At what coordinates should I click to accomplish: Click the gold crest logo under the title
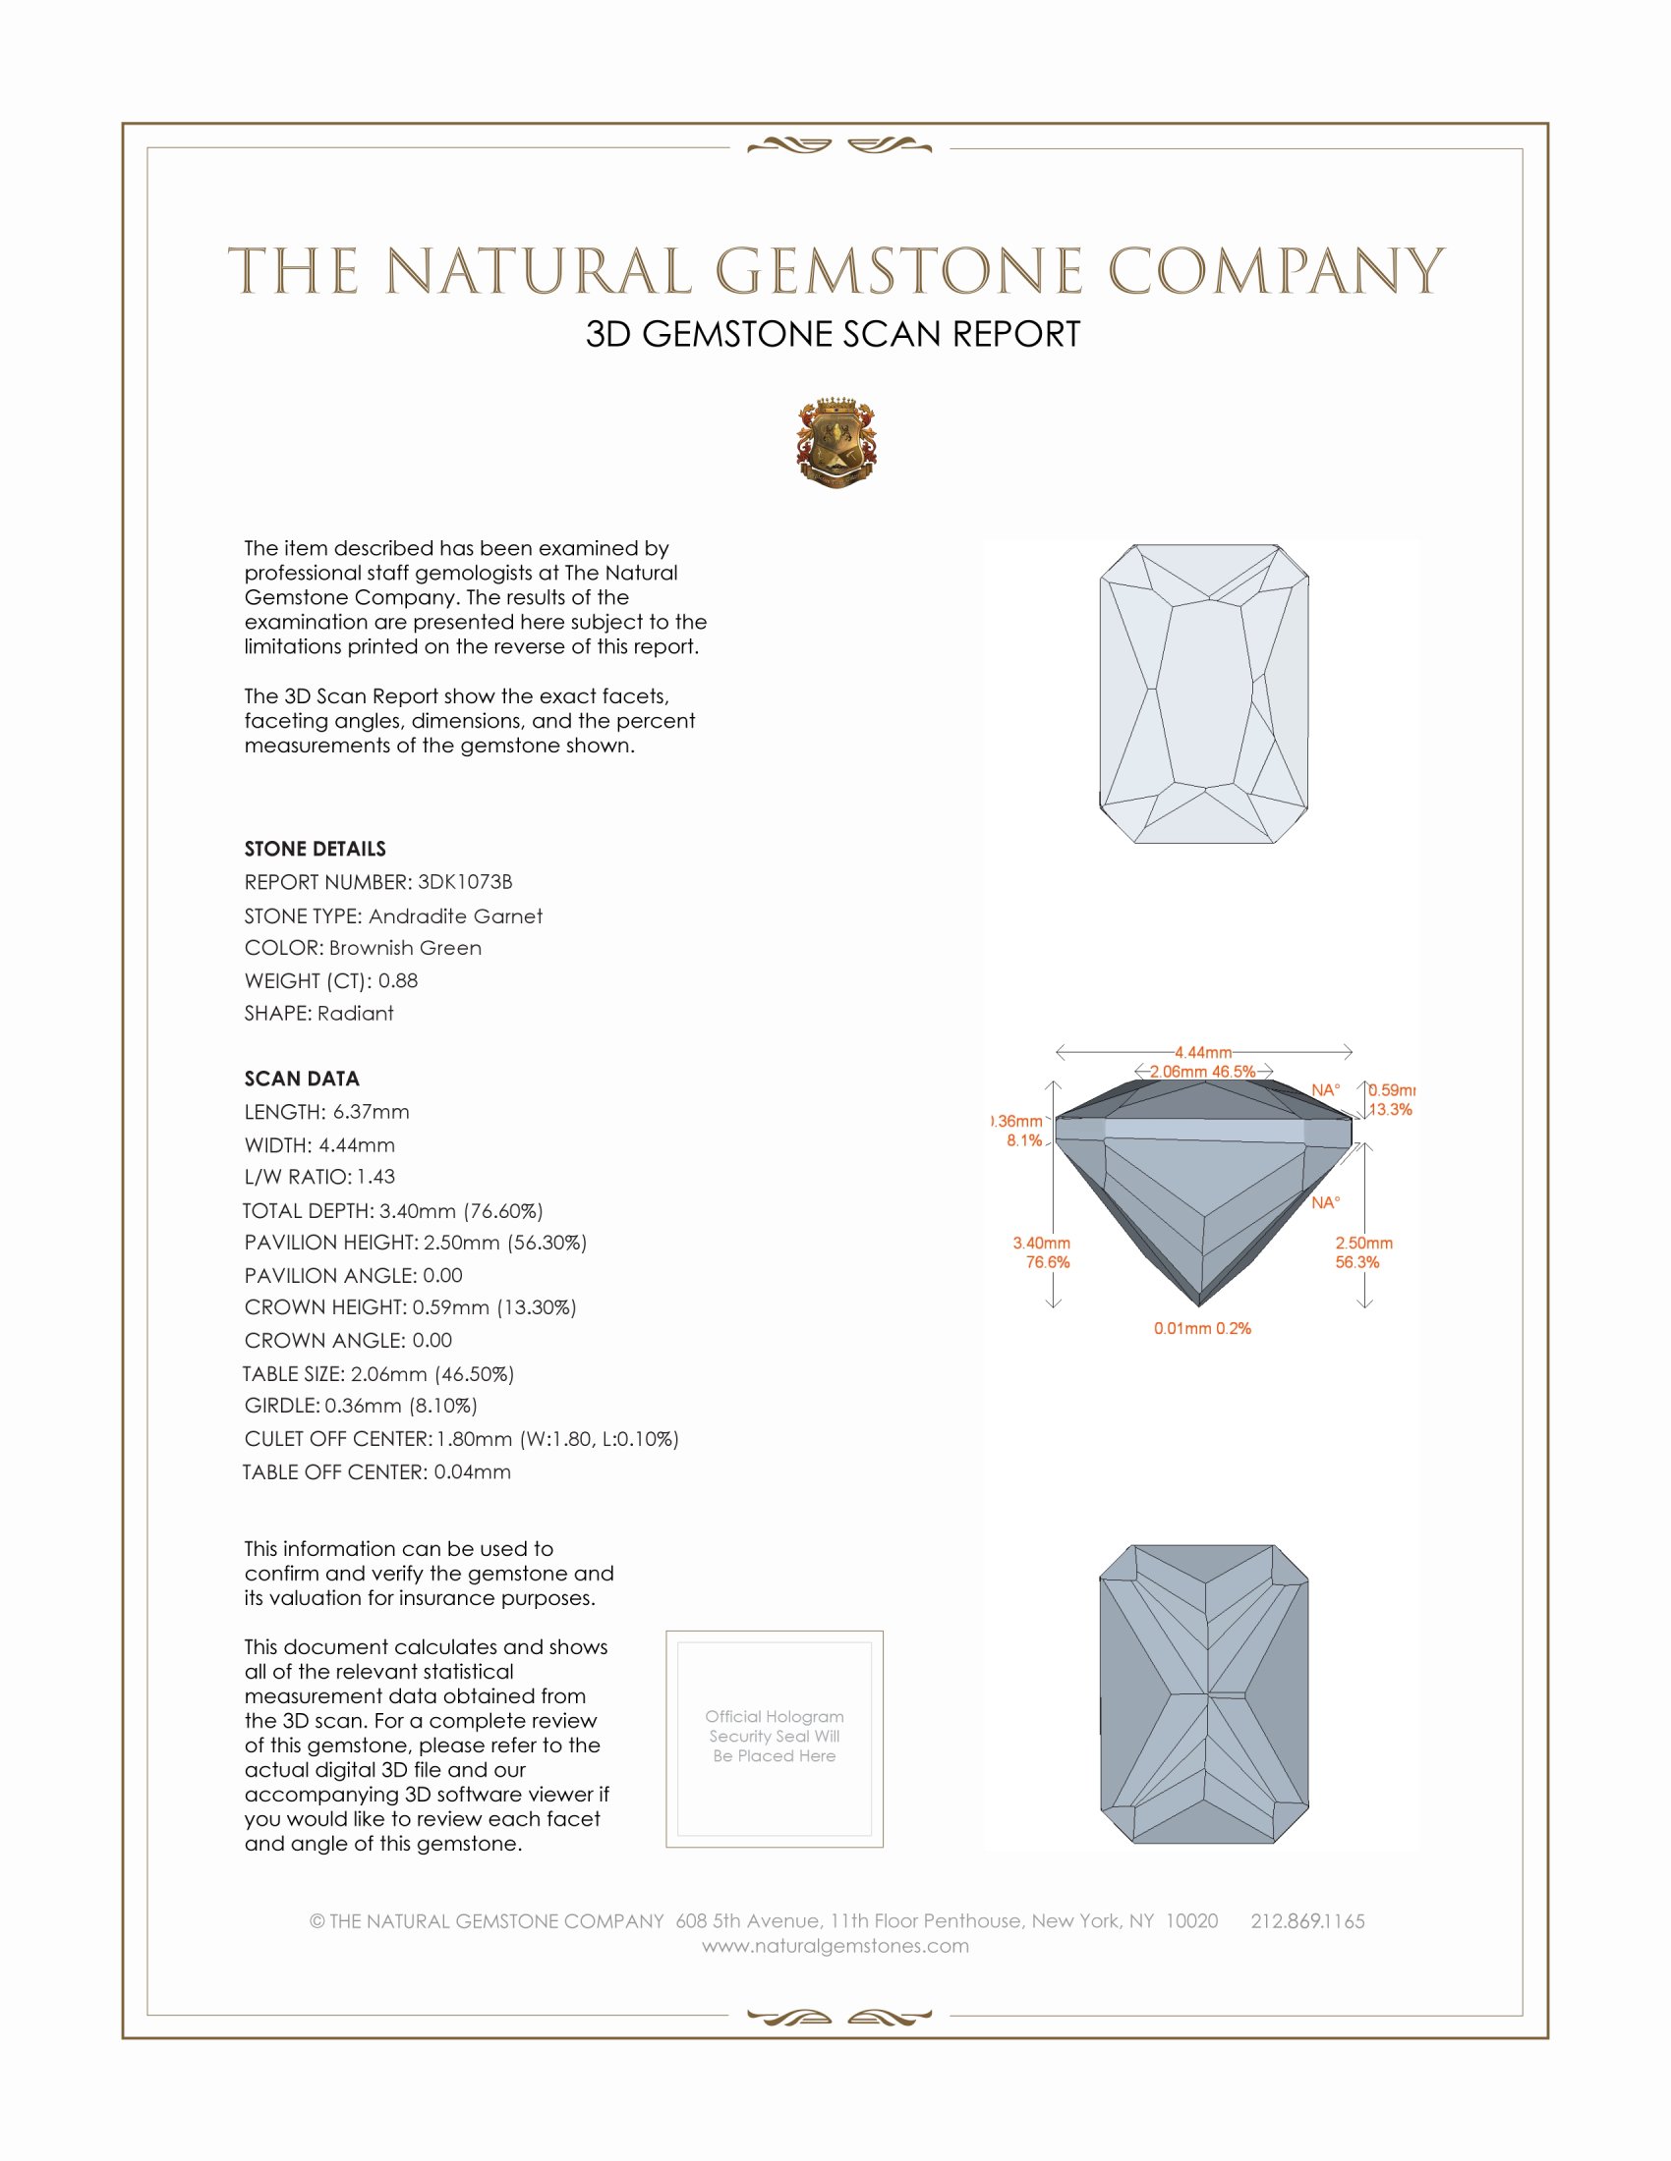click(x=836, y=443)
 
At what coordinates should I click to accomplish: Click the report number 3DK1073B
click(x=464, y=882)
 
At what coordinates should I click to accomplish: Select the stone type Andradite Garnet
click(x=455, y=916)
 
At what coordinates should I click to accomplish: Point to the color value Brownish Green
click(x=405, y=948)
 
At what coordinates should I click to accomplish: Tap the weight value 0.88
click(x=398, y=980)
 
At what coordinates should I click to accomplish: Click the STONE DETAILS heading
click(x=315, y=849)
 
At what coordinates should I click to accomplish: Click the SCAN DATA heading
click(x=302, y=1079)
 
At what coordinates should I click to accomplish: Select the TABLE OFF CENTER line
click(x=377, y=1472)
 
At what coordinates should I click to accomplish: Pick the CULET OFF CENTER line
click(x=461, y=1439)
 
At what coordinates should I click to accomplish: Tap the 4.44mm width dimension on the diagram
click(x=1203, y=1052)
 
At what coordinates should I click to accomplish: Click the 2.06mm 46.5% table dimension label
click(x=1202, y=1072)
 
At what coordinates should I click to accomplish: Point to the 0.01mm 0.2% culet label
click(x=1202, y=1328)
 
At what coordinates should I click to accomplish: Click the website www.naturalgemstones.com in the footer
click(x=835, y=1946)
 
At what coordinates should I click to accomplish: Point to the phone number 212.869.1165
click(x=1306, y=1921)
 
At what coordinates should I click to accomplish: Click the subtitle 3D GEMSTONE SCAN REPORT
click(x=833, y=334)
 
